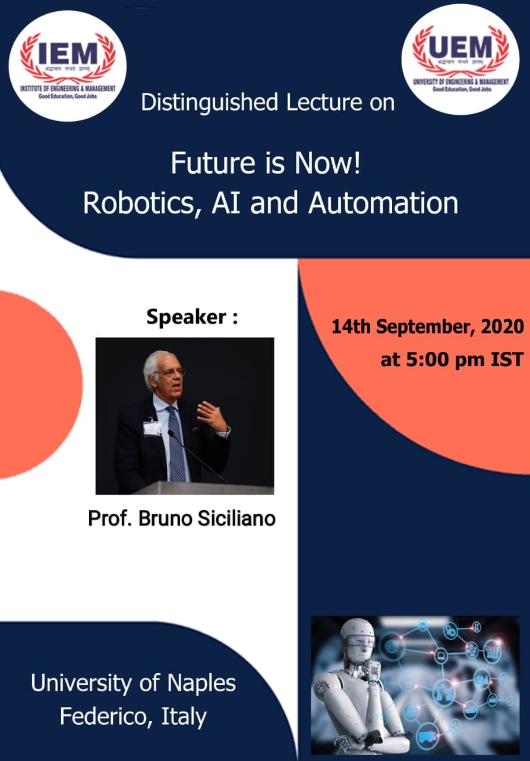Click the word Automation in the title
point(383,203)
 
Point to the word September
point(428,326)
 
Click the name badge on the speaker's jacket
point(152,427)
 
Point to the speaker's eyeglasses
point(169,372)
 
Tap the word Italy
point(184,716)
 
